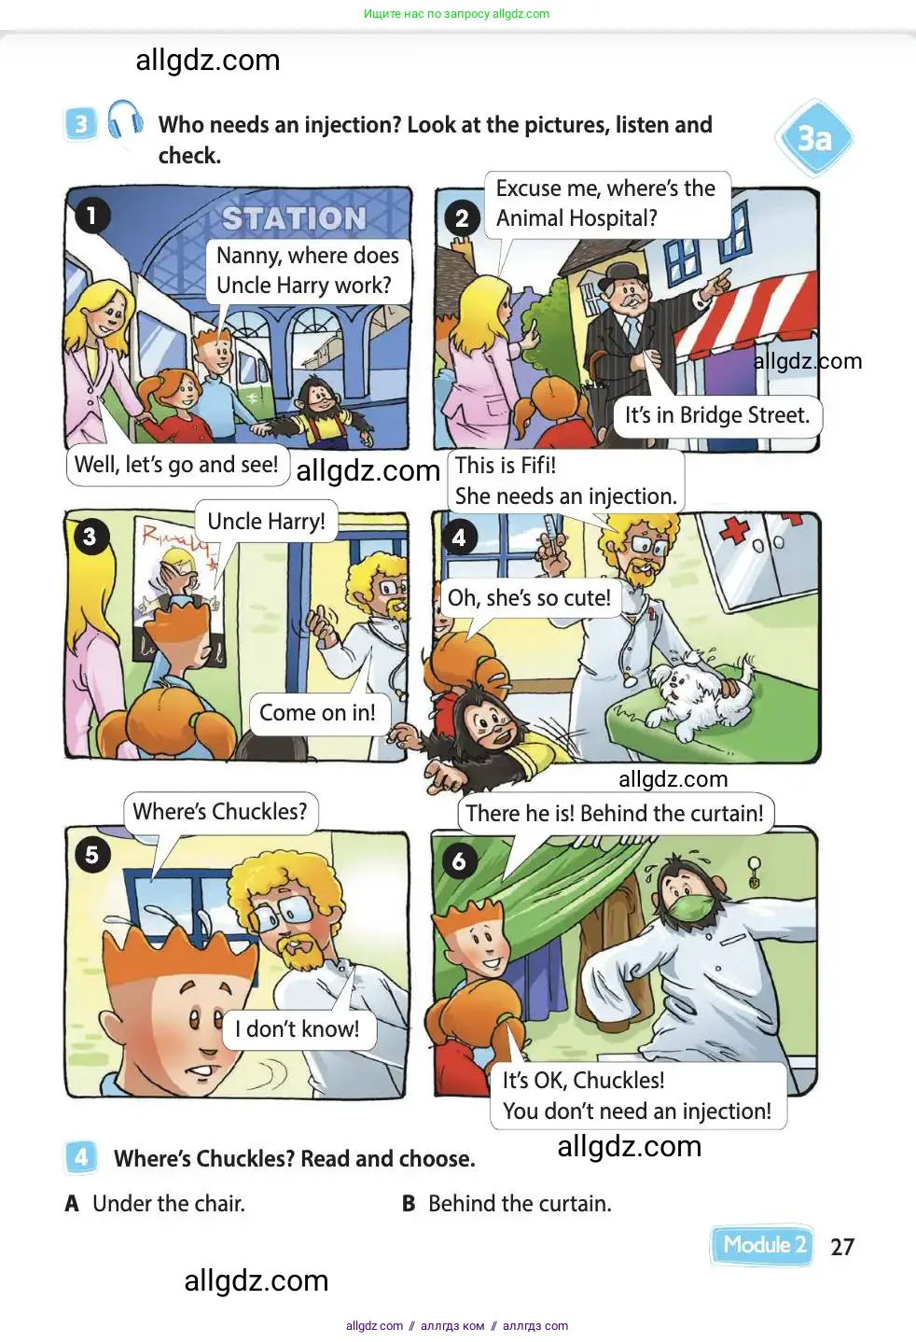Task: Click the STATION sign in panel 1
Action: coord(294,218)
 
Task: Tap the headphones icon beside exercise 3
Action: coord(125,119)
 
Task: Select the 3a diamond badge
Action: coord(814,138)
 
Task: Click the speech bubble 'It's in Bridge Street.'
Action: coord(717,415)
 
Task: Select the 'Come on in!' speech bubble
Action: coord(318,713)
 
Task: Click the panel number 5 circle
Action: coord(92,854)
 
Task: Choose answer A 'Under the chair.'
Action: coord(155,1203)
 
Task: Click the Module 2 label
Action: coord(762,1245)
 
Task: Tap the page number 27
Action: coord(841,1247)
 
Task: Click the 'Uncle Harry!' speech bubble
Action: coord(267,522)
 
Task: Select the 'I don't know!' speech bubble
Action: coord(298,1029)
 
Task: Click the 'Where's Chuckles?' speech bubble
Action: coord(220,811)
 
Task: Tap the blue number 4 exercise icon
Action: coord(80,1157)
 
